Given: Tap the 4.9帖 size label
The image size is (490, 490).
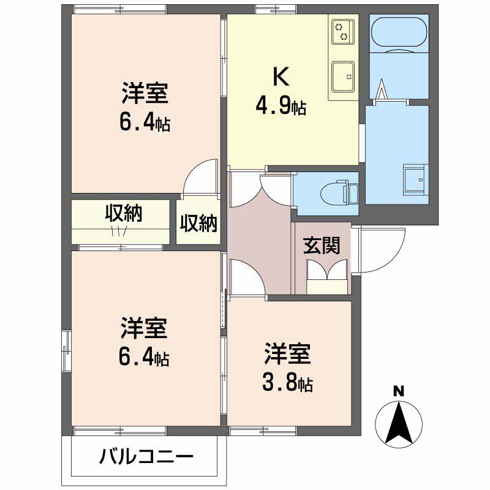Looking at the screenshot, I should pyautogui.click(x=281, y=108).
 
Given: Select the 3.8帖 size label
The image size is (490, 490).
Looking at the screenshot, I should pyautogui.click(x=288, y=383).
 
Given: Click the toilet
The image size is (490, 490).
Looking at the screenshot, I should pyautogui.click(x=341, y=192).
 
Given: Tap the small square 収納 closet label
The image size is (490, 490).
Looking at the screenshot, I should pyautogui.click(x=198, y=223).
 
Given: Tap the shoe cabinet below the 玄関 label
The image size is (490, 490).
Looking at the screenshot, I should pyautogui.click(x=327, y=285).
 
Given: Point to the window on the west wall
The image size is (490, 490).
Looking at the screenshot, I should pyautogui.click(x=66, y=350).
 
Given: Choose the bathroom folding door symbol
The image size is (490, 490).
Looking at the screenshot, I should pyautogui.click(x=383, y=91).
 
